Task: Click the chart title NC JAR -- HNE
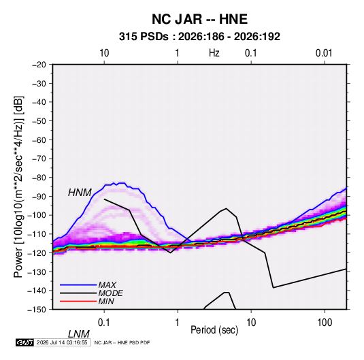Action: (x=199, y=19)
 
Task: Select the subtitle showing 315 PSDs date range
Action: (x=199, y=37)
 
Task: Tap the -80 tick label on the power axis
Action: (x=39, y=178)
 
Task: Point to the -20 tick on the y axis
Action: (x=39, y=65)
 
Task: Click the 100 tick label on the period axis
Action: (x=325, y=323)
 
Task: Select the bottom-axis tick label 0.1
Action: (x=104, y=323)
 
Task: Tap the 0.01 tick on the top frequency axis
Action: (x=324, y=53)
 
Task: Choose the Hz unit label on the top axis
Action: (x=214, y=53)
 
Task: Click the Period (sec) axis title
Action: (x=214, y=330)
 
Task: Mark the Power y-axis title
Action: (x=18, y=187)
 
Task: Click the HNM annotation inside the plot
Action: (x=80, y=193)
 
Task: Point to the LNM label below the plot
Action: (x=79, y=334)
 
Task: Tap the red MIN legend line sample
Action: (x=78, y=301)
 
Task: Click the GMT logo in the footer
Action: (x=24, y=342)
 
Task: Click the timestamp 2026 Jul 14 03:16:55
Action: (x=62, y=342)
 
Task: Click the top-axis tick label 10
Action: (x=104, y=53)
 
